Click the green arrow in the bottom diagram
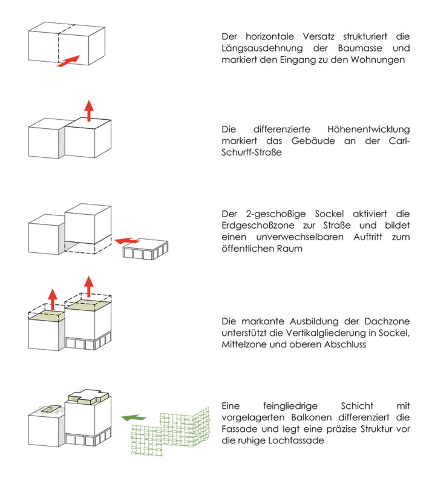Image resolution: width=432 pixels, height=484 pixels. coord(134,417)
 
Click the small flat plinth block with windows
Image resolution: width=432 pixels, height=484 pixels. coord(146,249)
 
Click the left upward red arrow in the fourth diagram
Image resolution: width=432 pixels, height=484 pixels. coord(53,298)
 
